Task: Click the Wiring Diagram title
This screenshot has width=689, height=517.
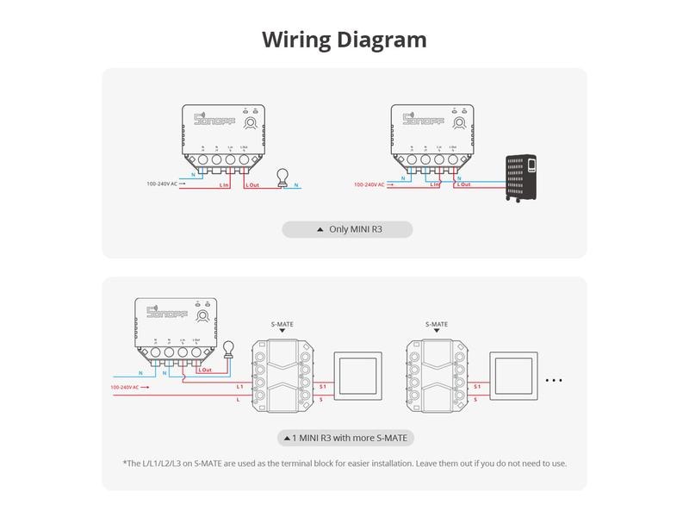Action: click(344, 40)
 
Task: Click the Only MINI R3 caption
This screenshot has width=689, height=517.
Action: click(348, 229)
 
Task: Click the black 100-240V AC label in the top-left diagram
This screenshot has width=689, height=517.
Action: click(162, 184)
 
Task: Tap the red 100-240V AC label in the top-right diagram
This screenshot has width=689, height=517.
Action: click(370, 184)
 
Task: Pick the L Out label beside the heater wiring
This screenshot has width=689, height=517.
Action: click(463, 184)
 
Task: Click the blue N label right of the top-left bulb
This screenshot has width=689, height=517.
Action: click(297, 184)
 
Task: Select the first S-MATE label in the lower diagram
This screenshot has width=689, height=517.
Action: click(282, 325)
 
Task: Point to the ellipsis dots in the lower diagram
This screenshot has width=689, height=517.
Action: click(554, 380)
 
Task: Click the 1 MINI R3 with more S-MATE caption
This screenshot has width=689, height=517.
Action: click(345, 438)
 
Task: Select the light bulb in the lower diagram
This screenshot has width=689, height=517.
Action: click(228, 350)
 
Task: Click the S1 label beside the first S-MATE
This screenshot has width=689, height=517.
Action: click(322, 387)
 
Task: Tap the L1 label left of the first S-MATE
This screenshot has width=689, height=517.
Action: click(240, 387)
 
